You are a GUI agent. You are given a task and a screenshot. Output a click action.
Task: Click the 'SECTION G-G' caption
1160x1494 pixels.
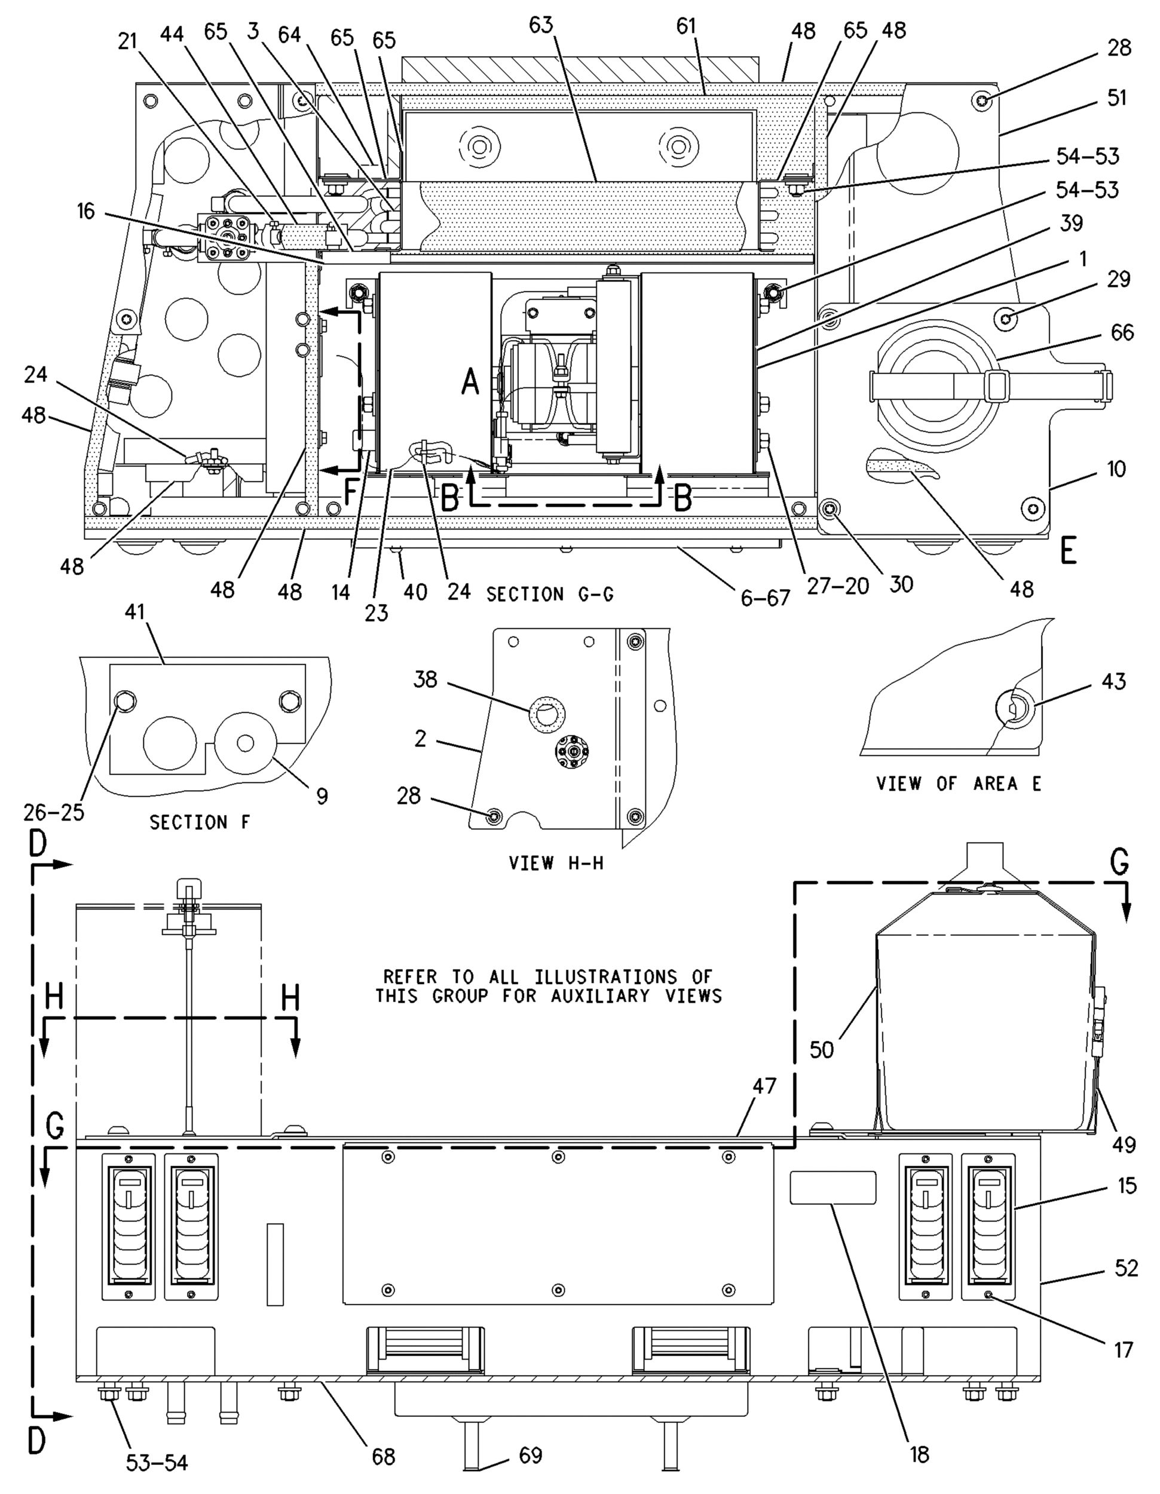[550, 595]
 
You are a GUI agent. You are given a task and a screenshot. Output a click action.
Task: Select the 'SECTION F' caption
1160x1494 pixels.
[200, 822]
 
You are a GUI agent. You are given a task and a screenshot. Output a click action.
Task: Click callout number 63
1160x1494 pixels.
[540, 26]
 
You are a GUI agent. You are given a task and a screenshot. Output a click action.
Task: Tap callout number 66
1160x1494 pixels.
[1122, 332]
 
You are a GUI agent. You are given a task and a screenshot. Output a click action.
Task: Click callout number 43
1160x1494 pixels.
[1114, 681]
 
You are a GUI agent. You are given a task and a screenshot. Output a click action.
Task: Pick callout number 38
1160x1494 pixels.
[426, 680]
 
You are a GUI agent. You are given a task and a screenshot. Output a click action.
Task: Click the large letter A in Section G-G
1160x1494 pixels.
[470, 381]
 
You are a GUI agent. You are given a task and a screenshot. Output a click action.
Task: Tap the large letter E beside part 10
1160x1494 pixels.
[1069, 550]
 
